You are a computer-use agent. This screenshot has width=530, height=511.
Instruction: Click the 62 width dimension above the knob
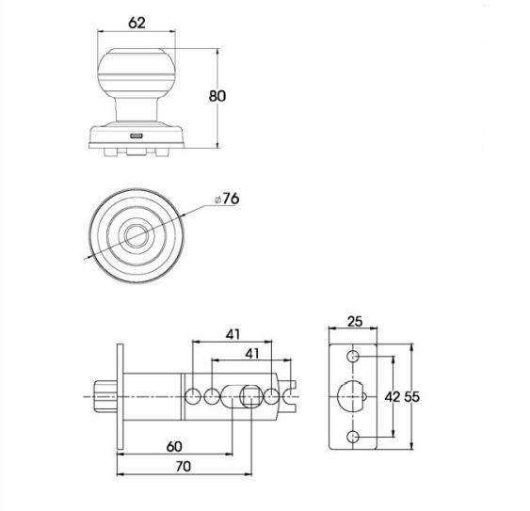(x=137, y=23)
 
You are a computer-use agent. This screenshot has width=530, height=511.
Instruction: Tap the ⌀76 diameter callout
(x=227, y=199)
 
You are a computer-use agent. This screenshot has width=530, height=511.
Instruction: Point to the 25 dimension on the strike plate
(x=354, y=322)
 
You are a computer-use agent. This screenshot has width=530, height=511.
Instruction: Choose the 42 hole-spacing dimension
(x=393, y=397)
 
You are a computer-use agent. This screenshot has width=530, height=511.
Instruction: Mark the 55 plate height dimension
(x=412, y=397)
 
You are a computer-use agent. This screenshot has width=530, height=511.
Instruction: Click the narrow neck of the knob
(x=137, y=111)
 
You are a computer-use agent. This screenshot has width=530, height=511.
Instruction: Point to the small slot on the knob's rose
(x=137, y=137)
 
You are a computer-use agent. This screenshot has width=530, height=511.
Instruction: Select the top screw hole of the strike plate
(x=354, y=358)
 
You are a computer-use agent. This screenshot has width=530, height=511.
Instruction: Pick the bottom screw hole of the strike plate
(x=354, y=437)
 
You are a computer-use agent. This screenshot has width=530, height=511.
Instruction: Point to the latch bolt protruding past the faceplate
(x=103, y=396)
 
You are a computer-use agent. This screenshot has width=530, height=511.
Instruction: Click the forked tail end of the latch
(x=290, y=396)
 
